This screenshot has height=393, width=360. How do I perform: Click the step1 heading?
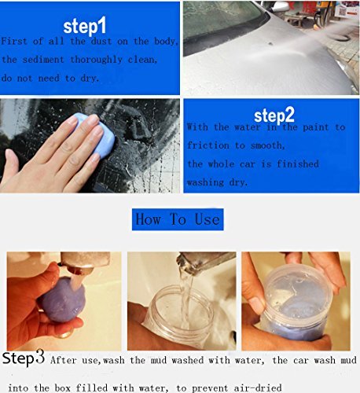85,26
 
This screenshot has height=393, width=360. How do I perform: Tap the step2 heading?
274,116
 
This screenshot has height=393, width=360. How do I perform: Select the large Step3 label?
24,358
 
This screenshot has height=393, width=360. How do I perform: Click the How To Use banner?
178,219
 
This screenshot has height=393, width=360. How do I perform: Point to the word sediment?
43,60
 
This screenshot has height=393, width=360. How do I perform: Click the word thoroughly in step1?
96,61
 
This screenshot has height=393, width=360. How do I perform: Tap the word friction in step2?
208,145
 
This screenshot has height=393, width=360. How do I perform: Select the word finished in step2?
298,164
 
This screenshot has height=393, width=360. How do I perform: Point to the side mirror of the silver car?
280,6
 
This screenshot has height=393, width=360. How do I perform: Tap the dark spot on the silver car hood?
270,43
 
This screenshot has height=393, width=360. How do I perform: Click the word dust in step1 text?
101,41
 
